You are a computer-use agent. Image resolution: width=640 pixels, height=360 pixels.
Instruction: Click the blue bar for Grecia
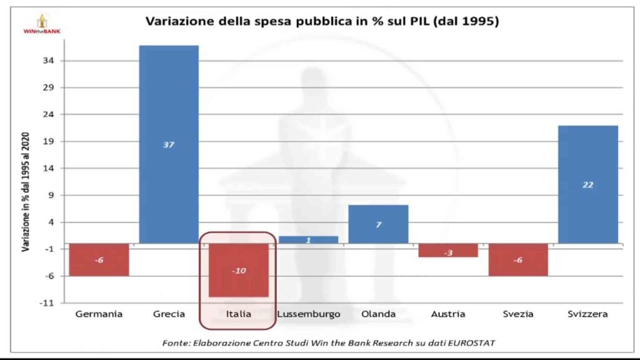tap(168, 144)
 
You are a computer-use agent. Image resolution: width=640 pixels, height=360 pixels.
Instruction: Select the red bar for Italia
tap(238, 270)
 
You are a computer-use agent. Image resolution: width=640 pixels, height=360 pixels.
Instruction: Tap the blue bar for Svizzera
tap(587, 184)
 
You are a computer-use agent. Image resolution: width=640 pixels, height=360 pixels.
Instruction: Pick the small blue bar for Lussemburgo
tap(308, 240)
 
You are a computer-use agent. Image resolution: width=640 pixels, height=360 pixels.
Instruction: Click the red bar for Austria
tap(447, 251)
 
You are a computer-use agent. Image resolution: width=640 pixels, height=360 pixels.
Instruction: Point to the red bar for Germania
tap(99, 259)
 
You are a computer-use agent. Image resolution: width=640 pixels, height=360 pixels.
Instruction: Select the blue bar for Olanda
tap(378, 224)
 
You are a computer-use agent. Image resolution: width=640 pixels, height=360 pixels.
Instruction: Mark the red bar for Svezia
tap(517, 259)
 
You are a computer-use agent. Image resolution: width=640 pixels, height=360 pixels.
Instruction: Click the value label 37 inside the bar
tap(168, 145)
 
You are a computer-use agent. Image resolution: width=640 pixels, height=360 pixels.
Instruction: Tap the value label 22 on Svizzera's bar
tap(587, 185)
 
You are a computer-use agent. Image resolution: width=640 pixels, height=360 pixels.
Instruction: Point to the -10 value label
tap(238, 271)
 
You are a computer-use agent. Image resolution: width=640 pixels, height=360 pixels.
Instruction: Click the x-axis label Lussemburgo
tap(308, 314)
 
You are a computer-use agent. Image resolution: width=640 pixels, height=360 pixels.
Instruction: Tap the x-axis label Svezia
tap(517, 314)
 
